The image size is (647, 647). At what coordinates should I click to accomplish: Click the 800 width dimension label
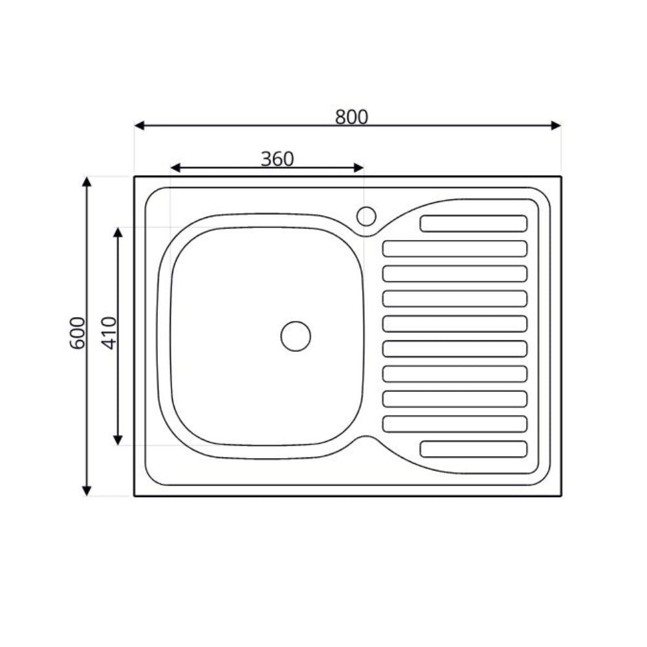point(351,117)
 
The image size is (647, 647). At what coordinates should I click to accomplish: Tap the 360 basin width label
point(277,159)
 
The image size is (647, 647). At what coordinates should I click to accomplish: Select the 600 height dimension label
point(77,333)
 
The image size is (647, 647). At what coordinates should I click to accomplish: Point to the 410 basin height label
point(109,333)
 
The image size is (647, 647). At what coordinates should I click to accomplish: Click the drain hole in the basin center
point(296,336)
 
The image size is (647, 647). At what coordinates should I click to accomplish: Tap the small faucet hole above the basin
point(366,216)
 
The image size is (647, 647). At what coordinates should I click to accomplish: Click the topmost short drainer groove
point(474,223)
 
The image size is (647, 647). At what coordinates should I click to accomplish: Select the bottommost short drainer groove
point(474,449)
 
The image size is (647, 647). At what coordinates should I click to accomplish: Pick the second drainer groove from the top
point(455,248)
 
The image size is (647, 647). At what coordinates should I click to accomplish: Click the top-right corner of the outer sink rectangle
point(561,177)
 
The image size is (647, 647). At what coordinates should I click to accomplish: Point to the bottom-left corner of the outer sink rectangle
point(135,496)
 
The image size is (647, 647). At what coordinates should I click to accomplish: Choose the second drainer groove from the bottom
point(455,424)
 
